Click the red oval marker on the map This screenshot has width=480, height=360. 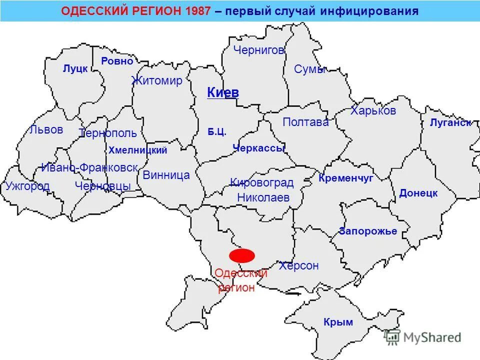(242, 255)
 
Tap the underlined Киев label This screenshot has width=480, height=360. (223, 92)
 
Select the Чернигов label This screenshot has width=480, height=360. (259, 50)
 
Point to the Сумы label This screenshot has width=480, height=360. (310, 69)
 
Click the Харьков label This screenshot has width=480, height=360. (373, 110)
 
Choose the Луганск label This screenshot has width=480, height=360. (450, 123)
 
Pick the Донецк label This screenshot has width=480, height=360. (418, 193)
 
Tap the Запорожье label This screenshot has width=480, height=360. (368, 231)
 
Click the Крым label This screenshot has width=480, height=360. (338, 322)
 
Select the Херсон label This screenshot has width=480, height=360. (299, 266)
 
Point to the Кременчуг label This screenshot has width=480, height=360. (346, 178)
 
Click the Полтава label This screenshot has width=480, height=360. (305, 122)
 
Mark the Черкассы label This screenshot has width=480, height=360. (258, 147)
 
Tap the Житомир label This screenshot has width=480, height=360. (157, 81)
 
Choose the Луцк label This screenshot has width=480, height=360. (75, 69)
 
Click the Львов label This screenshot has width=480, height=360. (46, 130)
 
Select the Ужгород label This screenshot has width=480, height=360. (27, 186)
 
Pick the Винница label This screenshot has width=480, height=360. (166, 175)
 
